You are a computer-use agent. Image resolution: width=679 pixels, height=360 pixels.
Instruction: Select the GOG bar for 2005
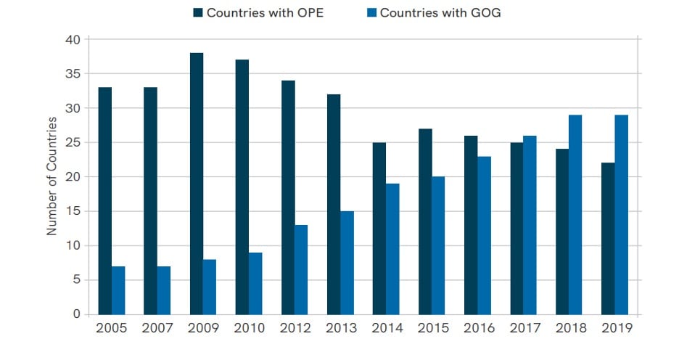click(x=118, y=290)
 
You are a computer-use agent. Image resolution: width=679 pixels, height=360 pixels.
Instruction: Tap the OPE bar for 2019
click(x=608, y=239)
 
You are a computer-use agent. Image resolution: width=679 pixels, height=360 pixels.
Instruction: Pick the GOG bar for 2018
click(x=575, y=215)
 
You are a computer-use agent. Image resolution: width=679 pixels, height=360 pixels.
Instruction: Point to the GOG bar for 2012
click(x=301, y=269)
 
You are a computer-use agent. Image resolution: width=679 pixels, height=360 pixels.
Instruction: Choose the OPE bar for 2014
click(x=379, y=229)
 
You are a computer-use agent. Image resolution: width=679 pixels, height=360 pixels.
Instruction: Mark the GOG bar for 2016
click(x=484, y=235)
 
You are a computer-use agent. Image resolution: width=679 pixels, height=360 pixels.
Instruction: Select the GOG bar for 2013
click(x=347, y=263)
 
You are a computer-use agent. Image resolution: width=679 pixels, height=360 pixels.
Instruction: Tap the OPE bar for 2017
click(x=517, y=229)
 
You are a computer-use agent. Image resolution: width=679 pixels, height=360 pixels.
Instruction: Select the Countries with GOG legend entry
click(x=432, y=12)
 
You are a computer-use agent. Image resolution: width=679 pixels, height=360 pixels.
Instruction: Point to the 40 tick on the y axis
click(x=73, y=39)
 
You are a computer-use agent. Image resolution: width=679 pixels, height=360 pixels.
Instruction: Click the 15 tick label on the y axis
click(x=73, y=211)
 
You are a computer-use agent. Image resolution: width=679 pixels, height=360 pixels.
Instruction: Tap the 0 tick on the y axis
click(x=76, y=314)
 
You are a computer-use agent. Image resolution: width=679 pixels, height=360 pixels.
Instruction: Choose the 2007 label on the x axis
click(x=157, y=328)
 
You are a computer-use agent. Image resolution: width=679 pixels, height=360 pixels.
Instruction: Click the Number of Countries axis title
click(x=52, y=177)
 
